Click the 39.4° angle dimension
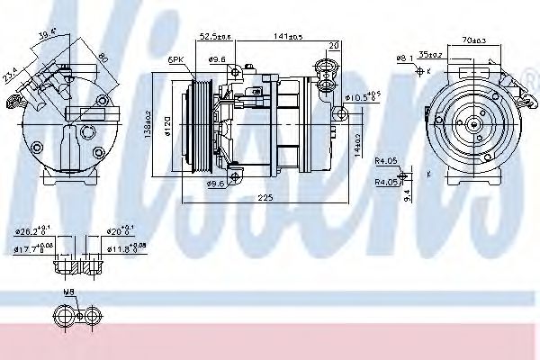coord(47,35)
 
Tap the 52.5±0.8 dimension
coord(216,37)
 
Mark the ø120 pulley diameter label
coord(167,126)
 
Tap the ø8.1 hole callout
coord(404,58)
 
